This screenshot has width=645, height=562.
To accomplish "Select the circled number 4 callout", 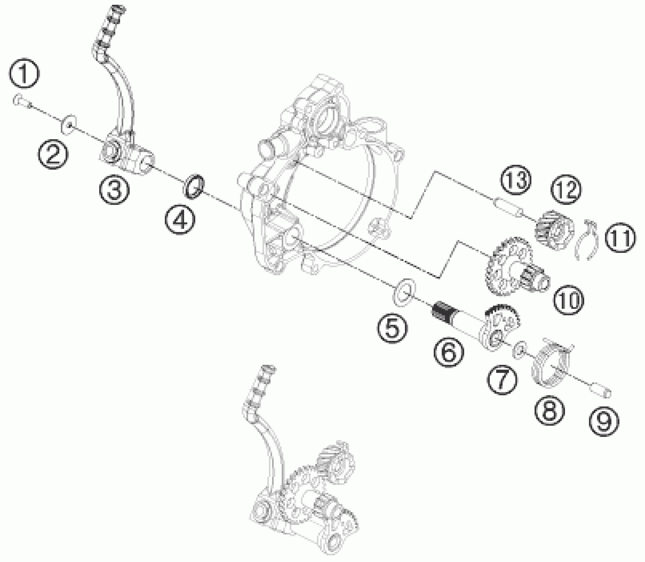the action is point(181,220).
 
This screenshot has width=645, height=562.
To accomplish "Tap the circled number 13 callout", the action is point(515,180).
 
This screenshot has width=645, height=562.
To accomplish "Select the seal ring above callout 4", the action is point(194,186).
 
